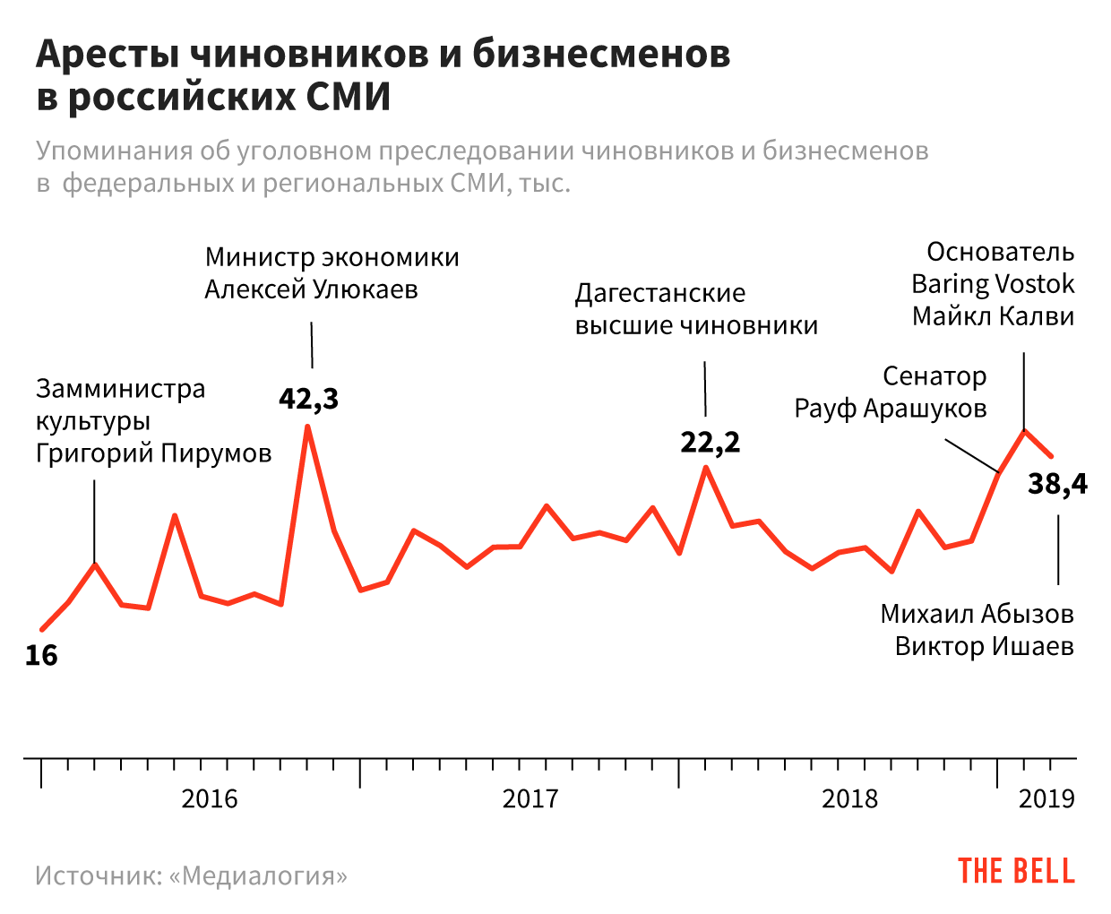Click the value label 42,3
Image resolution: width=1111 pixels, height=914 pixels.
pyautogui.click(x=309, y=399)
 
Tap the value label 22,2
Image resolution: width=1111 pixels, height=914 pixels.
pyautogui.click(x=710, y=443)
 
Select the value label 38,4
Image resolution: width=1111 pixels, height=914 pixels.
pyautogui.click(x=1057, y=485)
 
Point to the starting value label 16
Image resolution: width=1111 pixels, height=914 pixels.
pyautogui.click(x=41, y=656)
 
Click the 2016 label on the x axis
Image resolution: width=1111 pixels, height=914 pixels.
pyautogui.click(x=210, y=798)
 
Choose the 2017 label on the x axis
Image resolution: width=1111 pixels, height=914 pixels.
pyautogui.click(x=530, y=798)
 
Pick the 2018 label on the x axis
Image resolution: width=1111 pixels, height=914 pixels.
pyautogui.click(x=850, y=798)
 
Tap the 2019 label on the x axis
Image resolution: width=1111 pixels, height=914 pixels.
pyautogui.click(x=1046, y=798)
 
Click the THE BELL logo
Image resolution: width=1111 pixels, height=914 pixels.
pyautogui.click(x=1016, y=872)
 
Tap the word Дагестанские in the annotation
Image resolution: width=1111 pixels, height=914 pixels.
pyautogui.click(x=660, y=293)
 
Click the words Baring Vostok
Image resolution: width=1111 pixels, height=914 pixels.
pyautogui.click(x=993, y=284)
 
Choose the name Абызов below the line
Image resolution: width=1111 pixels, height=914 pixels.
pyautogui.click(x=1027, y=614)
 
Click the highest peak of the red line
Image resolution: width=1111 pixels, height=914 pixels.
pyautogui.click(x=307, y=427)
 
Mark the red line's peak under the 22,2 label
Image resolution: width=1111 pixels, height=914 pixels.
pyautogui.click(x=706, y=467)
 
